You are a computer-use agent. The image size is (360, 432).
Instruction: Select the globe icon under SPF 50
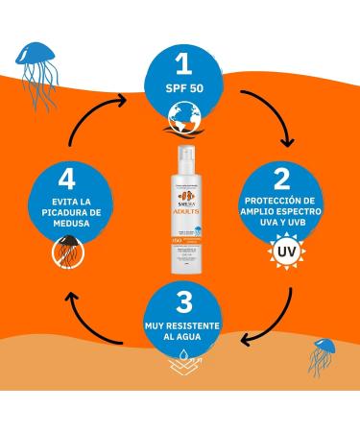coord(180,117)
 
